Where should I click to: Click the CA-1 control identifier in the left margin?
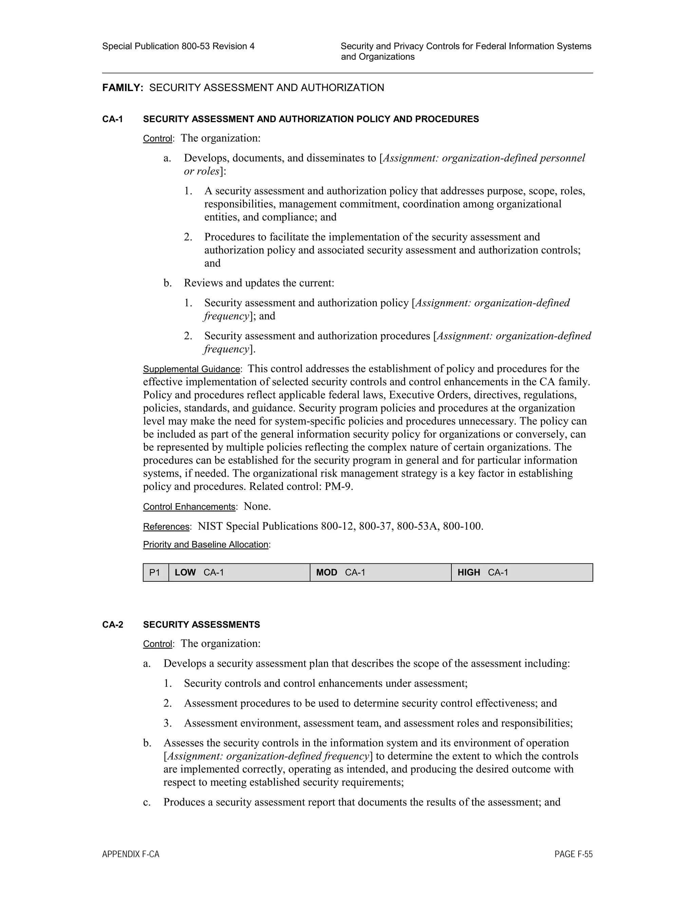pos(112,119)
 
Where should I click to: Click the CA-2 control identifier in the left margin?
pos(112,625)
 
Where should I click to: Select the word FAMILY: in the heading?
pos(122,88)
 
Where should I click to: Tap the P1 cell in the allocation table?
pos(155,572)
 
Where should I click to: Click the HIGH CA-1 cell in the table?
pos(522,572)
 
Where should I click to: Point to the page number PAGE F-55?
pos(574,854)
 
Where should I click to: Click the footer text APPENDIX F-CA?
pos(131,854)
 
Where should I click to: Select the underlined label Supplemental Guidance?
pos(191,369)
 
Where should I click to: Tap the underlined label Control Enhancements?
pos(189,507)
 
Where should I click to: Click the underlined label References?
pos(166,527)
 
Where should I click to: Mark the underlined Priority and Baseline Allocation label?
pos(205,545)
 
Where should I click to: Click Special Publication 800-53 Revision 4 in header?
pos(178,46)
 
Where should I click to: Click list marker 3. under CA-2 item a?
pos(168,723)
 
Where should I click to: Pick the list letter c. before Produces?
pos(147,802)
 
